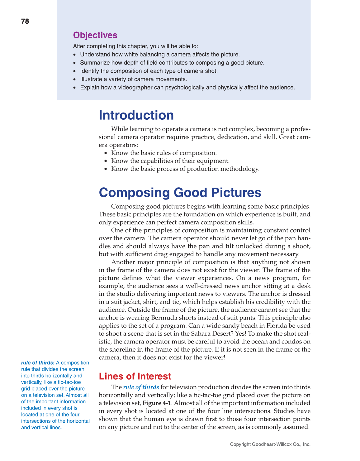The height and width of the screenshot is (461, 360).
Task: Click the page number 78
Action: click(x=25, y=21)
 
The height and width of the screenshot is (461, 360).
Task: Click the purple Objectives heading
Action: click(x=95, y=35)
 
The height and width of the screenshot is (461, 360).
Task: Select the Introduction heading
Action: click(x=136, y=115)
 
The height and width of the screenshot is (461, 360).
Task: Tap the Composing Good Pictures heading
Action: click(x=180, y=193)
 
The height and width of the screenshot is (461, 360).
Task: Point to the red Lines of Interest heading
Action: click(x=135, y=376)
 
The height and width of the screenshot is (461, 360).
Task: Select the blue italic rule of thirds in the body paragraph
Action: click(x=141, y=387)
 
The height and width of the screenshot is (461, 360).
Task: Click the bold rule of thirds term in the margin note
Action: click(x=38, y=363)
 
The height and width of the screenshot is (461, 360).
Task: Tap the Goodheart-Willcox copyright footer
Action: click(x=270, y=444)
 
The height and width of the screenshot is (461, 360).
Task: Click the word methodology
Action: click(x=240, y=169)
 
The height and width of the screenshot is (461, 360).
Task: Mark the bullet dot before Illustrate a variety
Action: click(x=74, y=79)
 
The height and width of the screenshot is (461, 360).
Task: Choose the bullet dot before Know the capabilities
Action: click(x=106, y=161)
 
